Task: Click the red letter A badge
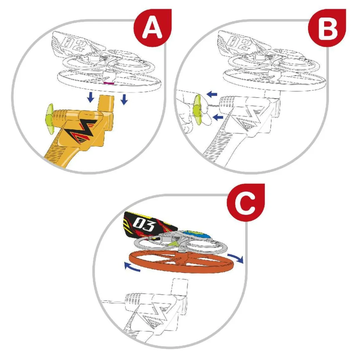[x=153, y=28]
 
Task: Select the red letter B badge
[x=327, y=28]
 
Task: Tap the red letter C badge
[x=246, y=203]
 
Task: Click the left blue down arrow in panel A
[x=91, y=97]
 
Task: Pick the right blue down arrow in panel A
[x=124, y=99]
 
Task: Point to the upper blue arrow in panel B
[x=212, y=94]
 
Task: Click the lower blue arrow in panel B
[x=218, y=117]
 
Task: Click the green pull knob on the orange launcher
[x=50, y=117]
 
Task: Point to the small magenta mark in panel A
[x=108, y=83]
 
